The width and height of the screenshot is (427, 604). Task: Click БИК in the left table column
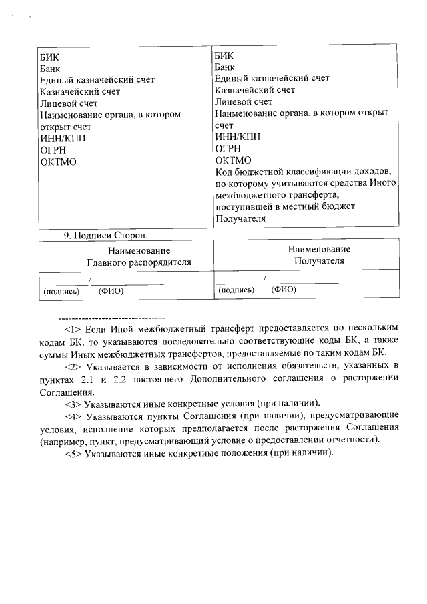click(x=49, y=57)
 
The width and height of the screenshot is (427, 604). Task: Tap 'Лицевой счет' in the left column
click(x=69, y=103)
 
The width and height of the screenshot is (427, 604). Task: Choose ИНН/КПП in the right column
click(x=238, y=137)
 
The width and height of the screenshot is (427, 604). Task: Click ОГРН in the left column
click(x=53, y=150)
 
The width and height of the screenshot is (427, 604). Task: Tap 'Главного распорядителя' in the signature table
click(x=139, y=262)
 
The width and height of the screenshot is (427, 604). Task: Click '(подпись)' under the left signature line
click(x=61, y=291)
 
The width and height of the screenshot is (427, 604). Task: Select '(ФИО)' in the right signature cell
click(x=285, y=290)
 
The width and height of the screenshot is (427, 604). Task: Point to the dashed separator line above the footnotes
click(x=111, y=316)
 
